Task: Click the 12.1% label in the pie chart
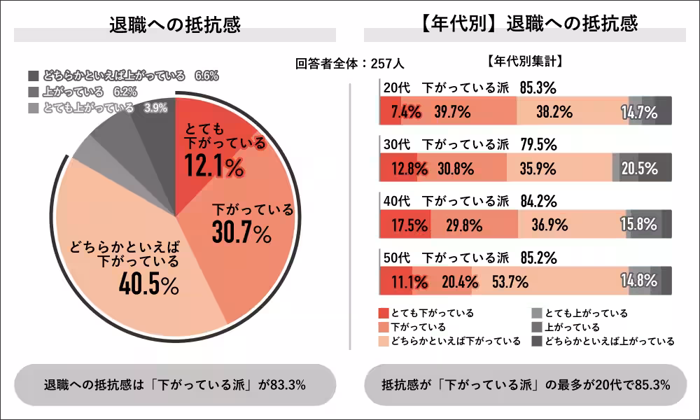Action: coord(214,167)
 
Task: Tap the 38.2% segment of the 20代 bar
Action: coord(554,112)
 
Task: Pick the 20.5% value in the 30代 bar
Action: coord(638,169)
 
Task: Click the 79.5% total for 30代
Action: coord(538,145)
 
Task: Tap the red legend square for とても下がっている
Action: coord(383,313)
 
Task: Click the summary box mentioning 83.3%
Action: coord(175,384)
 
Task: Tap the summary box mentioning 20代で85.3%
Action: coord(525,384)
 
